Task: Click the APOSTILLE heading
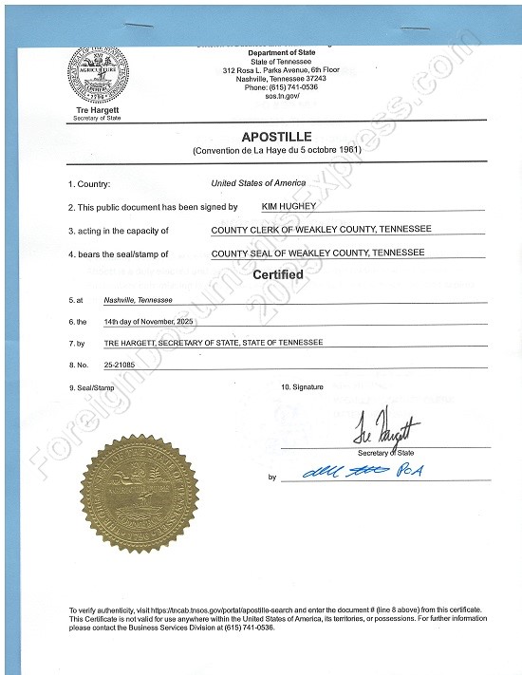point(276,137)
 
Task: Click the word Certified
point(277,274)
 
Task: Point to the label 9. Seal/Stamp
point(91,388)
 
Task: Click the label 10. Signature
point(302,387)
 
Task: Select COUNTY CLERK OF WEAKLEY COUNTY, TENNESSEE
point(321,230)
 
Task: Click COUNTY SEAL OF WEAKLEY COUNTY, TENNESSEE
point(318,253)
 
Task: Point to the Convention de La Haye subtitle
point(276,151)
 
